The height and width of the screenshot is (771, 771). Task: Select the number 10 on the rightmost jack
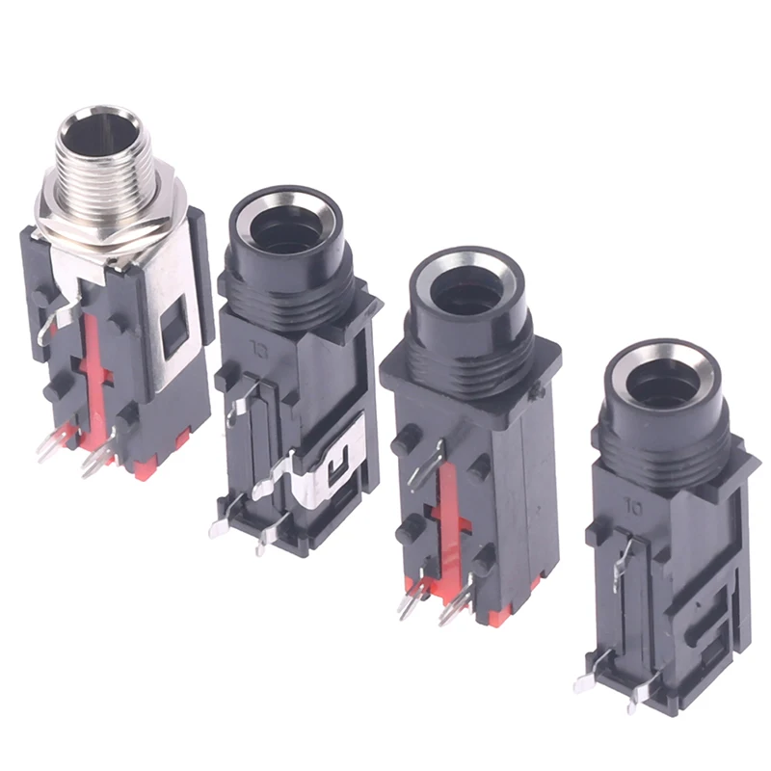pyautogui.click(x=633, y=503)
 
